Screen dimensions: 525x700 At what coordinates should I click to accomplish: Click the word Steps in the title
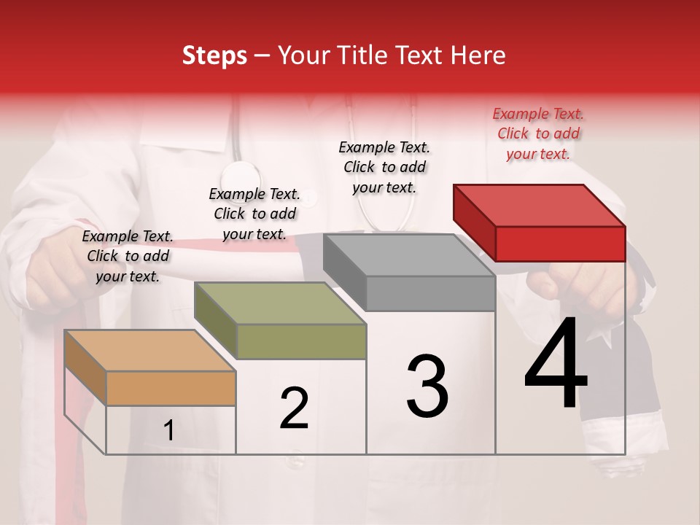tap(214, 55)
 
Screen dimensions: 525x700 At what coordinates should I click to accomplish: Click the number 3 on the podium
tap(427, 386)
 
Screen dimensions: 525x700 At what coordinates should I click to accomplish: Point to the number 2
tap(294, 408)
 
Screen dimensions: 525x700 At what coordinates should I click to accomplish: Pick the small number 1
tap(169, 430)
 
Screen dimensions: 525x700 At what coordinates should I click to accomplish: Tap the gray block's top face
tap(409, 254)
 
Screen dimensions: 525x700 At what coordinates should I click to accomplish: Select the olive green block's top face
tap(280, 303)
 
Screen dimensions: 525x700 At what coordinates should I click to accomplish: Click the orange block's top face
tap(150, 350)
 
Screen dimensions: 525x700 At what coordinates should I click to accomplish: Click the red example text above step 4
tap(538, 133)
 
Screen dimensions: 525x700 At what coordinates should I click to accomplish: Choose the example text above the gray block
tap(384, 167)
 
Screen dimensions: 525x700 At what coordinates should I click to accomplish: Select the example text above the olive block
tap(254, 214)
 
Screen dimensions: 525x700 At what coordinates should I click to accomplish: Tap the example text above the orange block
tap(128, 256)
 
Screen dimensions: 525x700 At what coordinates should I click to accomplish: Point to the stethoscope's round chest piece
tap(240, 177)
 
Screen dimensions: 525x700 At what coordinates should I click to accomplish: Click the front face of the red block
tap(560, 244)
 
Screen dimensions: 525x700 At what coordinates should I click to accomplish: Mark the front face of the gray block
tap(430, 293)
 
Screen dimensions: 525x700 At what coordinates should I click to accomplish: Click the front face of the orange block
tap(171, 388)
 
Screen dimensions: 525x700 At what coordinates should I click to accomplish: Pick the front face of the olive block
tap(301, 341)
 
